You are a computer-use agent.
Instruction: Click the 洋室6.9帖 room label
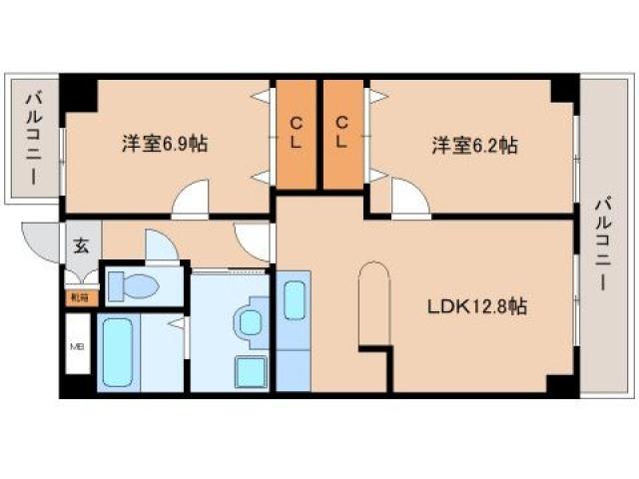(x=165, y=145)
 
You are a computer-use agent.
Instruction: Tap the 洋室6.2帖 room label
(x=474, y=146)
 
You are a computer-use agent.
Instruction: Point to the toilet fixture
(x=133, y=287)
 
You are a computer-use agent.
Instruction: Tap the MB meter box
(x=76, y=347)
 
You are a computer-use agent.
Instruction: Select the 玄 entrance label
(x=80, y=242)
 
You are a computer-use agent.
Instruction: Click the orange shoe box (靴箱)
(x=78, y=296)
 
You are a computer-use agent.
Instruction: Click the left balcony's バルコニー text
(x=33, y=140)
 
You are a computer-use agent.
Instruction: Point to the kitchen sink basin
(x=295, y=300)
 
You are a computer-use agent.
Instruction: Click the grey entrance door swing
(x=41, y=241)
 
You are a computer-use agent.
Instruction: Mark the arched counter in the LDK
(x=372, y=299)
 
